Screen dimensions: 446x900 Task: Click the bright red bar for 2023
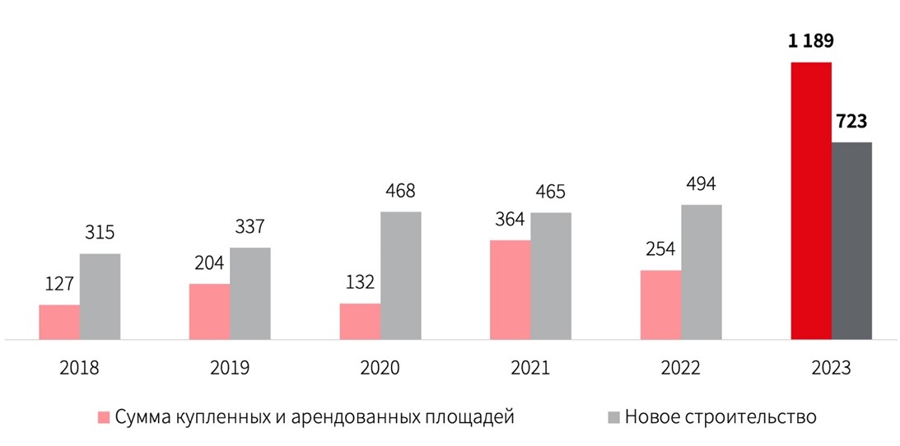click(811, 201)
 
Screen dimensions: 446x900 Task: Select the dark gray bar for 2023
click(851, 240)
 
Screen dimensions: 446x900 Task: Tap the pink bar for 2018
click(59, 322)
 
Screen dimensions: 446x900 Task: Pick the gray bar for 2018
click(100, 296)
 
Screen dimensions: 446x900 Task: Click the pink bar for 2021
click(510, 290)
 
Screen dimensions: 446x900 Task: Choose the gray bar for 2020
click(400, 276)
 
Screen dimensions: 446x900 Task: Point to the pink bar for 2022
click(660, 304)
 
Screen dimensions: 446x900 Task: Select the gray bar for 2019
click(249, 293)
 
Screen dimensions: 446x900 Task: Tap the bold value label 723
click(851, 123)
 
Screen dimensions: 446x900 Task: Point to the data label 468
click(400, 192)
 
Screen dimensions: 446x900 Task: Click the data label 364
click(510, 221)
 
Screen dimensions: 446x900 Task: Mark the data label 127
click(59, 285)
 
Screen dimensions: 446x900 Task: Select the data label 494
click(701, 184)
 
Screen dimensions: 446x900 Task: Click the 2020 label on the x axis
click(380, 367)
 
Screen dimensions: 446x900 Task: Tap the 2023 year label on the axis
click(831, 367)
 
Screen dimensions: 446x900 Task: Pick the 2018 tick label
click(80, 367)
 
